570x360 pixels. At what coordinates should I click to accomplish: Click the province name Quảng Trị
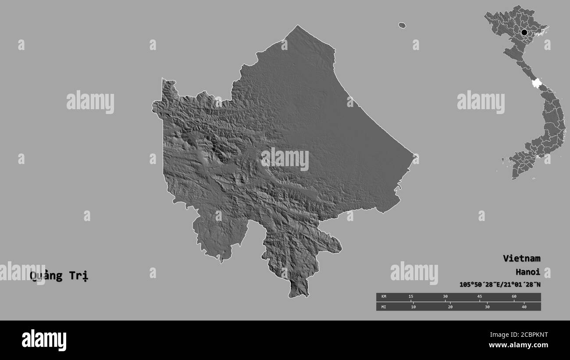[x=59, y=276]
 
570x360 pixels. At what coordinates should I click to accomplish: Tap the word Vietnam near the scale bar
[x=521, y=258]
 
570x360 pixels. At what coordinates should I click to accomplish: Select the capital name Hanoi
[x=527, y=271]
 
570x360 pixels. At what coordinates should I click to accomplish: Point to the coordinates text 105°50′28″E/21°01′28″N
[x=500, y=285]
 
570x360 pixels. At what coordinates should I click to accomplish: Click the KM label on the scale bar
[x=384, y=297]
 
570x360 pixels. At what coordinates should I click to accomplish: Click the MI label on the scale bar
[x=384, y=307]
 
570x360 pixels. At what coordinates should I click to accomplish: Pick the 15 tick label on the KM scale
[x=411, y=297]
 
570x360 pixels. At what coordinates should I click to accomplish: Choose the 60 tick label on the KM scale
[x=514, y=297]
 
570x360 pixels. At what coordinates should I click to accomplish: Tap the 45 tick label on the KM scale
[x=480, y=297]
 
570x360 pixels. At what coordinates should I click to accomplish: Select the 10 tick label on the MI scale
[x=413, y=307]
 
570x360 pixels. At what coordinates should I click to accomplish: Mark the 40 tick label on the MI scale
[x=524, y=307]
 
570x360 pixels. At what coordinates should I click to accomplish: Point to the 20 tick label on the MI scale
[x=450, y=307]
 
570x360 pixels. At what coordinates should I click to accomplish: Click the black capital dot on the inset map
[x=524, y=32]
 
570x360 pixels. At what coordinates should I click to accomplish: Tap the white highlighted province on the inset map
[x=535, y=83]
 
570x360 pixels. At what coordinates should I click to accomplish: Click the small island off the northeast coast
[x=402, y=25]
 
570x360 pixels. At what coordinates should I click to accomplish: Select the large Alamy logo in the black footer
[x=44, y=340]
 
